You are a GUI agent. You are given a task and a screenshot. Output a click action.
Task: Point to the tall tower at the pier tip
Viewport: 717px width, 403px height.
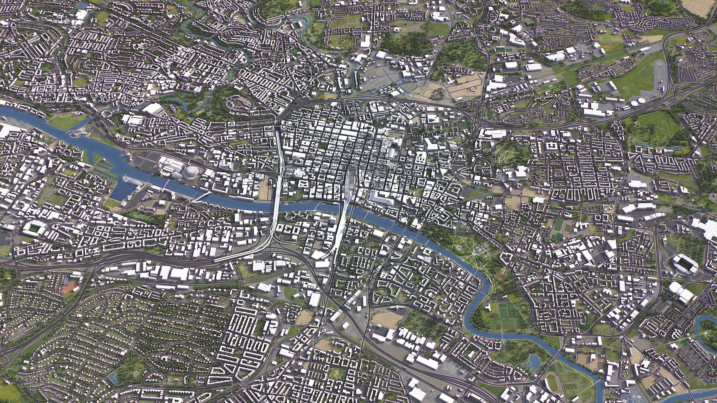pos(138,189)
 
